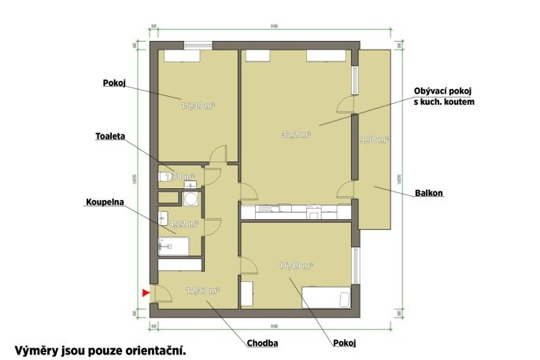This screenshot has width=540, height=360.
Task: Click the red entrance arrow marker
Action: tap(145, 293)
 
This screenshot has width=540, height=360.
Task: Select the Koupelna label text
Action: tap(101, 202)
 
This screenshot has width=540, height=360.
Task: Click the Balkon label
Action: tap(427, 192)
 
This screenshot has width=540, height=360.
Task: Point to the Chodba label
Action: tap(263, 343)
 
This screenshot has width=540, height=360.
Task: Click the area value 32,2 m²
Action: tap(296, 135)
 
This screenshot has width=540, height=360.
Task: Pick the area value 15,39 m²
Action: tap(198, 105)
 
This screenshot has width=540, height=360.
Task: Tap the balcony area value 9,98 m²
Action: tap(374, 140)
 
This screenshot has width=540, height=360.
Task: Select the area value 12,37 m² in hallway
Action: tap(202, 291)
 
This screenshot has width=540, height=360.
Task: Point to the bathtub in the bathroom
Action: tap(174, 247)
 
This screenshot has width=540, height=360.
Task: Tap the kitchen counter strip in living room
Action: tap(295, 210)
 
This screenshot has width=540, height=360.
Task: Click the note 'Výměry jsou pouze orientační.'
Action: tap(101, 347)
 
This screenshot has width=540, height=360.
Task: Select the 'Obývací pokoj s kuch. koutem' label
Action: tap(444, 96)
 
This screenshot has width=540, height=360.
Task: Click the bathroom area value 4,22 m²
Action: tap(184, 224)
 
